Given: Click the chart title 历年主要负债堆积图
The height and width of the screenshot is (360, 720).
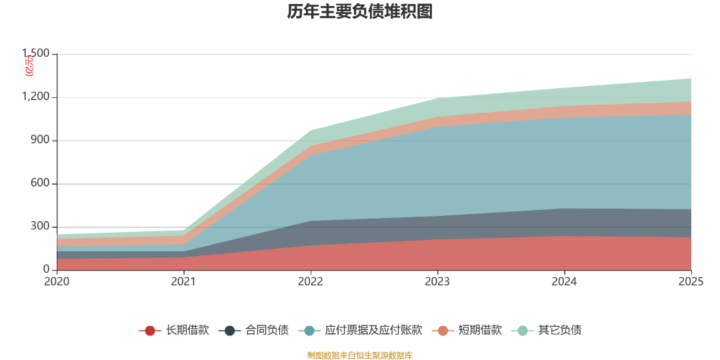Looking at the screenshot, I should pyautogui.click(x=359, y=12).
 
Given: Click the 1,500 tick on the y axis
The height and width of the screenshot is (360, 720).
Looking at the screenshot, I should pyautogui.click(x=35, y=53).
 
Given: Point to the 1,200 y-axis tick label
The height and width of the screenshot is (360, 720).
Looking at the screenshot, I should pyautogui.click(x=35, y=97).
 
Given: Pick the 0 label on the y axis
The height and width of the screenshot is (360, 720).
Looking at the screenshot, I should pyautogui.click(x=47, y=269).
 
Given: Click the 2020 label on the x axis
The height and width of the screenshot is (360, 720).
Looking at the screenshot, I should pyautogui.click(x=57, y=282).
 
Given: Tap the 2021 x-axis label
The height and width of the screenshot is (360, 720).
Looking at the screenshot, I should pyautogui.click(x=183, y=282).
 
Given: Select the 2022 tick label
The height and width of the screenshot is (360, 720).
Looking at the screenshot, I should pyautogui.click(x=310, y=282).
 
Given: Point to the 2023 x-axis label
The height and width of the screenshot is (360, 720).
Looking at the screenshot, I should pyautogui.click(x=437, y=282).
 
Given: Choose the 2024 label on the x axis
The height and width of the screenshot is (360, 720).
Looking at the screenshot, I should pyautogui.click(x=564, y=282).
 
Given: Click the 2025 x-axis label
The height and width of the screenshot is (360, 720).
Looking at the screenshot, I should pyautogui.click(x=691, y=282).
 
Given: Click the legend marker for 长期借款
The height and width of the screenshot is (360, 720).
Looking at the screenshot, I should pyautogui.click(x=151, y=330).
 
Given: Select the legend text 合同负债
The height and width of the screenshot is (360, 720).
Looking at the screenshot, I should pyautogui.click(x=267, y=330).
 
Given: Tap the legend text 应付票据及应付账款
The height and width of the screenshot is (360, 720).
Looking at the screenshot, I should pyautogui.click(x=373, y=330).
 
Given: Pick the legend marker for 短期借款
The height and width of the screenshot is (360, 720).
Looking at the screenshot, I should pyautogui.click(x=443, y=330).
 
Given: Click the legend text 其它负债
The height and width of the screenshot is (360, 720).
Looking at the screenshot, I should pyautogui.click(x=560, y=330).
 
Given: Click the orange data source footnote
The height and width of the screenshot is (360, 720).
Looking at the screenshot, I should pyautogui.click(x=360, y=355).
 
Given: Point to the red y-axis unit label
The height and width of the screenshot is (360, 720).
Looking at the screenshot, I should pyautogui.click(x=29, y=65).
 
